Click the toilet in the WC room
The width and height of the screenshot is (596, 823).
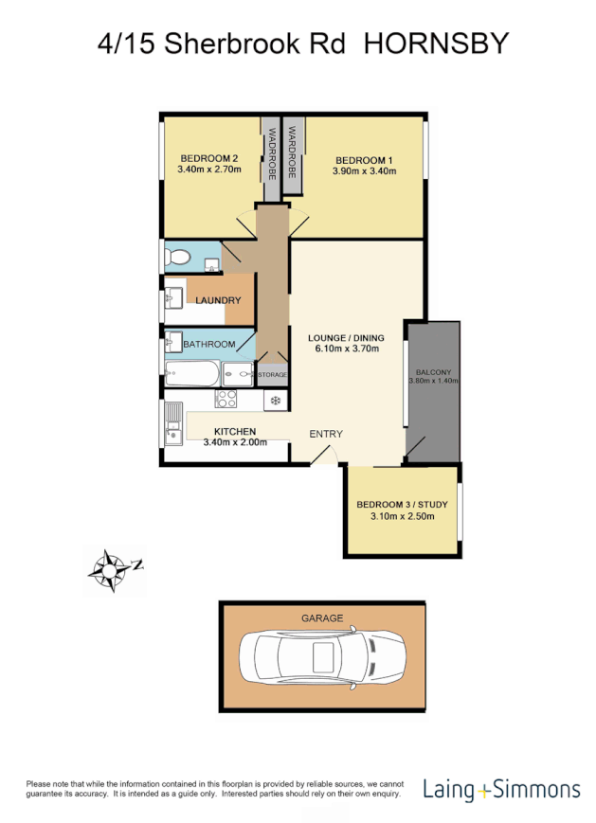(178, 256)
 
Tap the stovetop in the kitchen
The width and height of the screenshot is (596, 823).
(226, 400)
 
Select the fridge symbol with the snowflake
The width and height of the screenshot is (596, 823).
(275, 401)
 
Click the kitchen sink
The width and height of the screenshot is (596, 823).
(173, 423)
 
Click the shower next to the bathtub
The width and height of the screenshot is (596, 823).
(241, 374)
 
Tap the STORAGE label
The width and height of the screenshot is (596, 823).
(273, 375)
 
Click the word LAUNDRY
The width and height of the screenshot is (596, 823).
(219, 300)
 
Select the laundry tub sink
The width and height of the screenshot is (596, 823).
(173, 300)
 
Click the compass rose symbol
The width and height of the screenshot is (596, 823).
(112, 570)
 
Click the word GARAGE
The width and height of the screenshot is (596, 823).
(322, 617)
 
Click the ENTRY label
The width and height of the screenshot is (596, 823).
(326, 434)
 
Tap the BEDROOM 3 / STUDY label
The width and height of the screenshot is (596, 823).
(402, 505)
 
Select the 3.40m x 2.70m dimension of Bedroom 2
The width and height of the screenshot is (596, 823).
(208, 170)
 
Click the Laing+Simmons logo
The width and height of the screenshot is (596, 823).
(501, 789)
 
